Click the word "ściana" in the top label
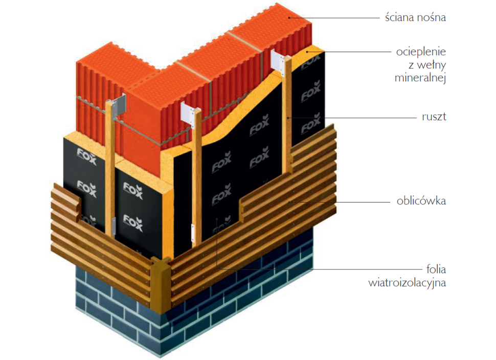[401, 17]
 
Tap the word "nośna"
[433, 17]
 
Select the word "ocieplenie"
[421, 52]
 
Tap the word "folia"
[435, 269]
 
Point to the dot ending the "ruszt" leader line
[289, 117]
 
